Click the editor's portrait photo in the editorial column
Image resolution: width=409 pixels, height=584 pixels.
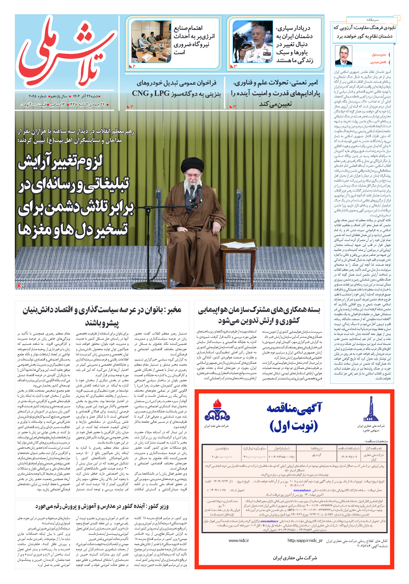(343, 55)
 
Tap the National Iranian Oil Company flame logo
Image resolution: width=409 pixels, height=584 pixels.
(217, 410)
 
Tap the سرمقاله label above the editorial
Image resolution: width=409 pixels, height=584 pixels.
(372, 20)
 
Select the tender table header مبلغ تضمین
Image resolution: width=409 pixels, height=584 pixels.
(222, 448)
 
